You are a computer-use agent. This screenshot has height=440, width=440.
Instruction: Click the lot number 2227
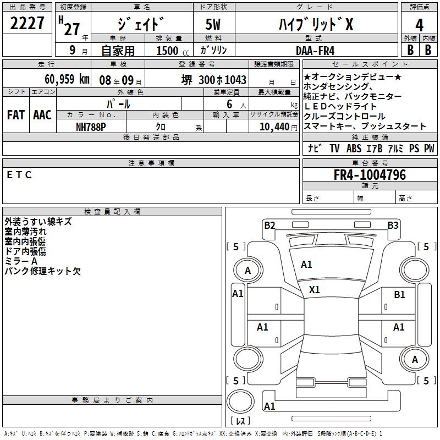point(28,24)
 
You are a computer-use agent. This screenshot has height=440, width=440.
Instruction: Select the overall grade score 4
point(420,25)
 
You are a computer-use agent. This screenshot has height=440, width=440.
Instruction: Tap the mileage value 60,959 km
point(61,79)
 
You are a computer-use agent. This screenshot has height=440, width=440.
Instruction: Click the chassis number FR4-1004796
point(370,175)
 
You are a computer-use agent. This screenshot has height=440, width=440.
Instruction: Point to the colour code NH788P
point(91,126)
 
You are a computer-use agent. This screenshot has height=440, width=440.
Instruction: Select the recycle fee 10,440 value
point(274,126)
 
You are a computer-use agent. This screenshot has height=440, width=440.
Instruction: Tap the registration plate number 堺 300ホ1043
point(214,80)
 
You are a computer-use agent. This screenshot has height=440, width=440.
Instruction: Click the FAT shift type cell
point(15,115)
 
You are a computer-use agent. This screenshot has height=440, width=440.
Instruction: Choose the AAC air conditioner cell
point(42,115)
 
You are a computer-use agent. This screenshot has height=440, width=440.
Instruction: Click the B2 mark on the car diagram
point(269,225)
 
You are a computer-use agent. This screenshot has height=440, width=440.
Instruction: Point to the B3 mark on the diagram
point(393,225)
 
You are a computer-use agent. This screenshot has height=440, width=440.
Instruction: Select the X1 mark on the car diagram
point(315,289)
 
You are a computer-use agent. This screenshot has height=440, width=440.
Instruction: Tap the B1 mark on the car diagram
point(399,295)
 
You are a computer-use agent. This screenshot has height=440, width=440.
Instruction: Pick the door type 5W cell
point(215,25)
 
